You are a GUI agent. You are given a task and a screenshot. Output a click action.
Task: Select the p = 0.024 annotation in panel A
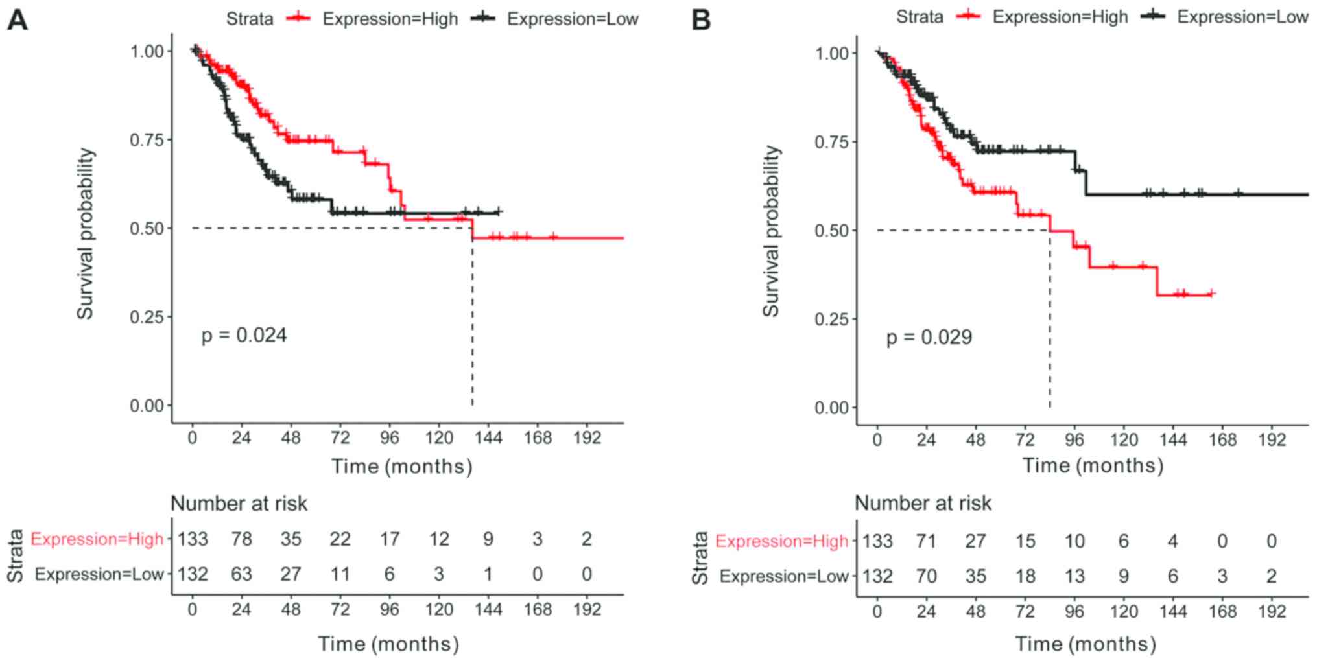[x=244, y=335]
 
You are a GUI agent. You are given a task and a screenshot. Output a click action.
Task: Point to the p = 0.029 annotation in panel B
[x=929, y=337]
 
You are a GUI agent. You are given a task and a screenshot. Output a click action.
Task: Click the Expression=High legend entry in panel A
[x=390, y=19]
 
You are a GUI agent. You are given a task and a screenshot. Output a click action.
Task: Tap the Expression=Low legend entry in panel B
[x=1242, y=17]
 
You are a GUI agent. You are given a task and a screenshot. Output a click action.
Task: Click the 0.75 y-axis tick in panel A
[x=151, y=140]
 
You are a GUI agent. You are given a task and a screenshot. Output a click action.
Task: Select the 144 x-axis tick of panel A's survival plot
[x=488, y=438]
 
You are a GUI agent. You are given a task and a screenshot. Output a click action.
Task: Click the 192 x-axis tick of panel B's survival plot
[x=1272, y=440]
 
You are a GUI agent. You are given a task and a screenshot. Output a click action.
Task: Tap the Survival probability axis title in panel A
[x=86, y=233]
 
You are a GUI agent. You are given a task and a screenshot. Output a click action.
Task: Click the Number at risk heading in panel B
[x=923, y=503]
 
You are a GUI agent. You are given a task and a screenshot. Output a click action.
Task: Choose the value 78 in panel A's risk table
[x=242, y=539]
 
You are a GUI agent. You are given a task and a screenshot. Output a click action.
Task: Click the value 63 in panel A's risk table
[x=242, y=574]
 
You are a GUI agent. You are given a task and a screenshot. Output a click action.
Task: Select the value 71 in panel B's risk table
[x=926, y=541]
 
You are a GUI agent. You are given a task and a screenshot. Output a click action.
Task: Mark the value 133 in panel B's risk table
[x=877, y=541]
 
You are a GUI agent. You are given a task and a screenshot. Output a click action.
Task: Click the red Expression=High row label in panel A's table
[x=97, y=539]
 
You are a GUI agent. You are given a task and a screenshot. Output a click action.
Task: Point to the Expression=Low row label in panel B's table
[x=783, y=576]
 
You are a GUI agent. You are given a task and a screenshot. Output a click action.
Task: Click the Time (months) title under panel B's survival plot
[x=1093, y=465]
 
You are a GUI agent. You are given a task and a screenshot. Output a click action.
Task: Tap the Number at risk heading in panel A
[x=239, y=504]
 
